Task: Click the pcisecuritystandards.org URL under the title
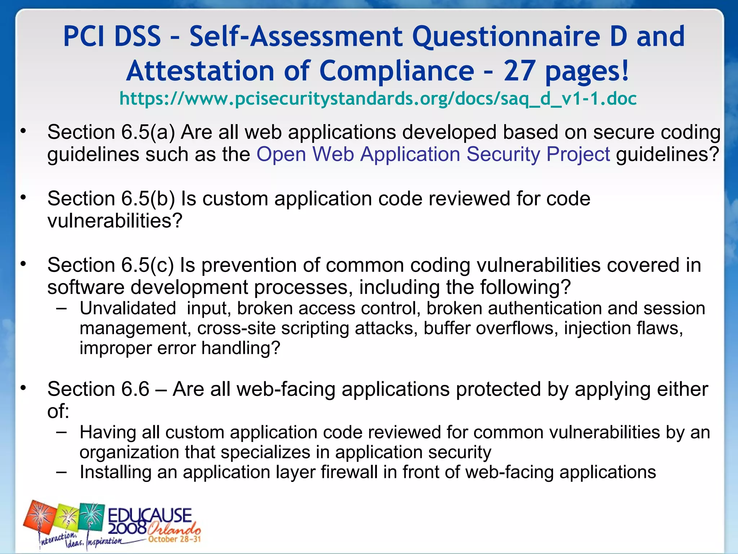(378, 99)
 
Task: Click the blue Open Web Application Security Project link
(433, 154)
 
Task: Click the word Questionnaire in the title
(506, 36)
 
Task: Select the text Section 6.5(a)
(111, 132)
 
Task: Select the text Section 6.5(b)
(111, 199)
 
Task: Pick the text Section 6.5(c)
(110, 265)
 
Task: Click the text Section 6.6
(98, 389)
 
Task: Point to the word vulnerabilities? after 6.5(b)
(115, 221)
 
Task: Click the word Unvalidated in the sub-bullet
(128, 308)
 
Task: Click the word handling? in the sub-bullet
(241, 348)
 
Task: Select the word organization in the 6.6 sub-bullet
(129, 452)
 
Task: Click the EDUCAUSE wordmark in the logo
(150, 515)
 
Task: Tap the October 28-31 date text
(174, 539)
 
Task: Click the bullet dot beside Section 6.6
(23, 388)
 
